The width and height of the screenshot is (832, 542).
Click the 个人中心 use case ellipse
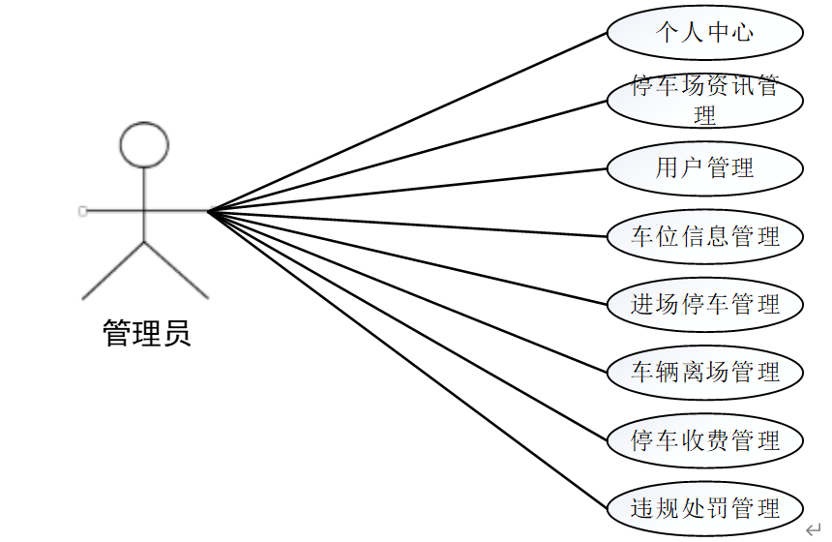(x=705, y=33)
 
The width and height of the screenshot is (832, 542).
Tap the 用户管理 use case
(x=705, y=168)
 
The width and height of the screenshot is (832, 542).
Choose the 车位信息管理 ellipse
(x=705, y=236)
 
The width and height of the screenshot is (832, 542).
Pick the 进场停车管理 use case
(x=705, y=304)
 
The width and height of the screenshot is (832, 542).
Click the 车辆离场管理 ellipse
(x=705, y=372)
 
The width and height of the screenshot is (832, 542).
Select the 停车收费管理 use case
(x=705, y=440)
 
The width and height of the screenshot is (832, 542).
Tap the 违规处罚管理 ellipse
(x=705, y=508)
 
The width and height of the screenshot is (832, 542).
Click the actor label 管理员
(x=147, y=334)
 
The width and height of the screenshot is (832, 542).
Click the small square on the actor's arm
(x=82, y=210)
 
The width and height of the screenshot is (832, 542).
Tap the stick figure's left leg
(x=113, y=270)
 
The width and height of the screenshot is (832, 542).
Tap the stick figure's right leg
(x=177, y=270)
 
